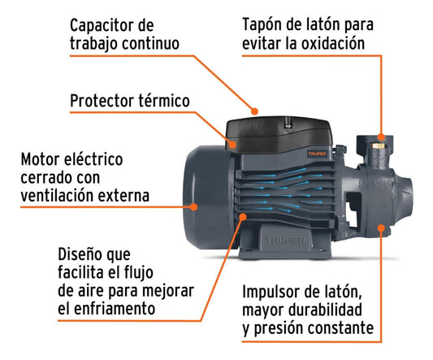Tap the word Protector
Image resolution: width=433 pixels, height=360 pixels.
[x=102, y=101]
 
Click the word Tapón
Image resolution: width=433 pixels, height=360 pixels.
[x=262, y=25]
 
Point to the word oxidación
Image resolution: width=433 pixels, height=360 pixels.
[x=333, y=43]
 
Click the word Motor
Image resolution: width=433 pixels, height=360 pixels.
[x=40, y=159]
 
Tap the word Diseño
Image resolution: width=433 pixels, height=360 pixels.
[x=78, y=254]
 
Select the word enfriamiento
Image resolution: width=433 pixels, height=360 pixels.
[x=115, y=308]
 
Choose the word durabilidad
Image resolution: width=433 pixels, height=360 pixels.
[x=325, y=310]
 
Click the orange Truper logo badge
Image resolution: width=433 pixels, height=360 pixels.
[x=318, y=154]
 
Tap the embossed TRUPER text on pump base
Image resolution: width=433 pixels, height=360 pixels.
[x=285, y=241]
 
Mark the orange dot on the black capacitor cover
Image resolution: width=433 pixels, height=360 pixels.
[x=232, y=144]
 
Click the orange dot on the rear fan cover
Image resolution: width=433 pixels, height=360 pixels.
[x=194, y=206]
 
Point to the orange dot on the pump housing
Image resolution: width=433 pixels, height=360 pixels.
[x=381, y=228]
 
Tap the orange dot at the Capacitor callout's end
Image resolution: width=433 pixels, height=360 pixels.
[x=254, y=111]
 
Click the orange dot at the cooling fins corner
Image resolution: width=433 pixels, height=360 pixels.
[x=243, y=216]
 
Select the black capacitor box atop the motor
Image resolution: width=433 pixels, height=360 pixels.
[x=279, y=134]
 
